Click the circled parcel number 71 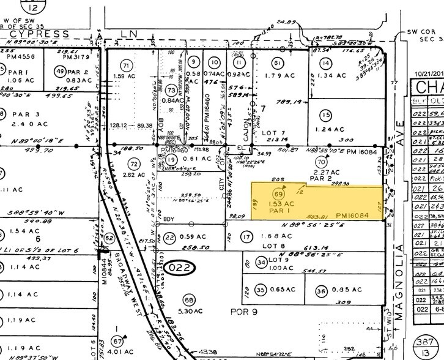click(x=127, y=65)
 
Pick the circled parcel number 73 click(x=170, y=91)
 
